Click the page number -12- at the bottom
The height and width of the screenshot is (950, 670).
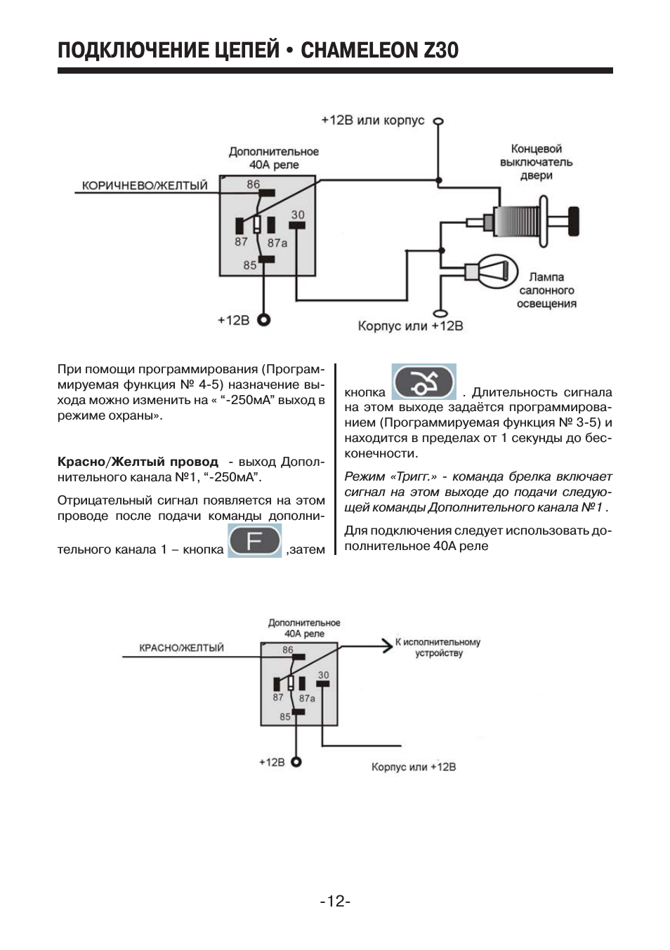pyautogui.click(x=335, y=901)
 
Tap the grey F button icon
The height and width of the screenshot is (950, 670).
pyautogui.click(x=254, y=541)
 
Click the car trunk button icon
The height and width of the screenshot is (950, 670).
pyautogui.click(x=423, y=382)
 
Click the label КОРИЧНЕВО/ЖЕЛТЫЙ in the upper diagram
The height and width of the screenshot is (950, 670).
pyautogui.click(x=145, y=186)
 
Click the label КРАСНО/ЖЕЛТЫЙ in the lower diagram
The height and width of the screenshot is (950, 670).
pyautogui.click(x=181, y=648)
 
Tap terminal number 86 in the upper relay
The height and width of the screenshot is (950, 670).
pyautogui.click(x=253, y=185)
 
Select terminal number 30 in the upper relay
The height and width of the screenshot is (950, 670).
pyautogui.click(x=298, y=215)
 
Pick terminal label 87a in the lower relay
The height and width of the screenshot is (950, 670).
pyautogui.click(x=307, y=699)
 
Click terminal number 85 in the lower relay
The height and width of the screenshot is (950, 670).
pyautogui.click(x=285, y=717)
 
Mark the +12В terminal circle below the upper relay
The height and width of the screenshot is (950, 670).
pyautogui.click(x=264, y=320)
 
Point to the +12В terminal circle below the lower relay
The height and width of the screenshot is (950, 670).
pyautogui.click(x=296, y=762)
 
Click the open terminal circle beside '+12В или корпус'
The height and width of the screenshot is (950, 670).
pyautogui.click(x=438, y=121)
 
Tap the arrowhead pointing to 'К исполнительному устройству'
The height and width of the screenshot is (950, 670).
pyautogui.click(x=386, y=645)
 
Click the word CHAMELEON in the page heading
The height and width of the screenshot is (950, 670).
pyautogui.click(x=358, y=51)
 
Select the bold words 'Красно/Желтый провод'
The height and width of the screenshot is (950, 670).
pyautogui.click(x=138, y=462)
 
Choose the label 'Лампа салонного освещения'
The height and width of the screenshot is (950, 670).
pyautogui.click(x=546, y=290)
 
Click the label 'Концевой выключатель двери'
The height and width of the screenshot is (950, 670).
pyautogui.click(x=536, y=162)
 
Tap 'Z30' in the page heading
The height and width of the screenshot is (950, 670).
pyautogui.click(x=440, y=51)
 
